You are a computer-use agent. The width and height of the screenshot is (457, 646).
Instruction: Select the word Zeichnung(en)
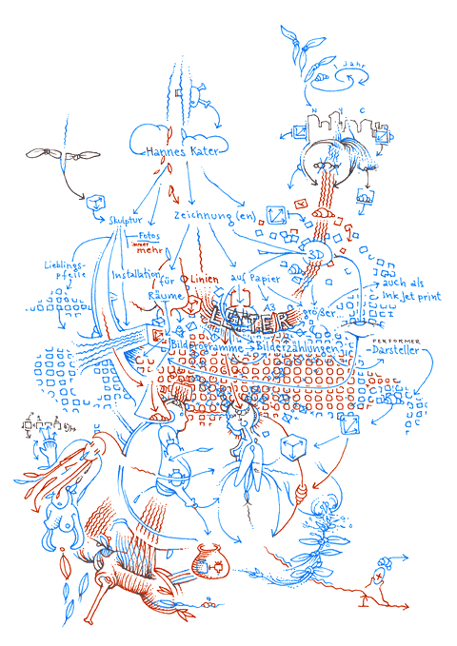click(x=215, y=216)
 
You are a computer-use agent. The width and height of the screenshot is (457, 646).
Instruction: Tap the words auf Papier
click(x=251, y=278)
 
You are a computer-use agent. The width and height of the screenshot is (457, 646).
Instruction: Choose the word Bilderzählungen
click(x=298, y=350)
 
